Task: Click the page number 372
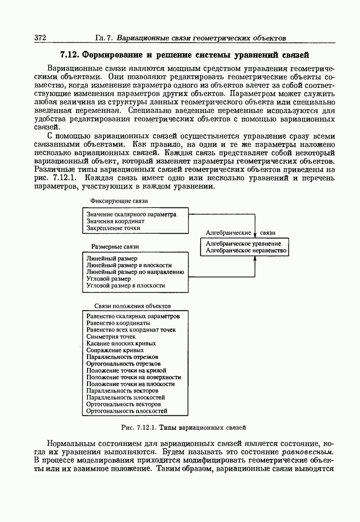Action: click(40, 37)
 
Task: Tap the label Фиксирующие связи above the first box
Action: click(119, 201)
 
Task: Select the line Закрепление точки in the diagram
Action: click(113, 228)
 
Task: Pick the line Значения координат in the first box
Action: click(115, 221)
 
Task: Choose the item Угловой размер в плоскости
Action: click(125, 285)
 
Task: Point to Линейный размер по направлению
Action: click(135, 272)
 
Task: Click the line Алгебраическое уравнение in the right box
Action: click(243, 244)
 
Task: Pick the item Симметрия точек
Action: click(111, 336)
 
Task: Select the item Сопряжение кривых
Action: click(115, 350)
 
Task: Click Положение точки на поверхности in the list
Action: click(134, 377)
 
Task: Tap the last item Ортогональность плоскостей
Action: click(127, 411)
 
